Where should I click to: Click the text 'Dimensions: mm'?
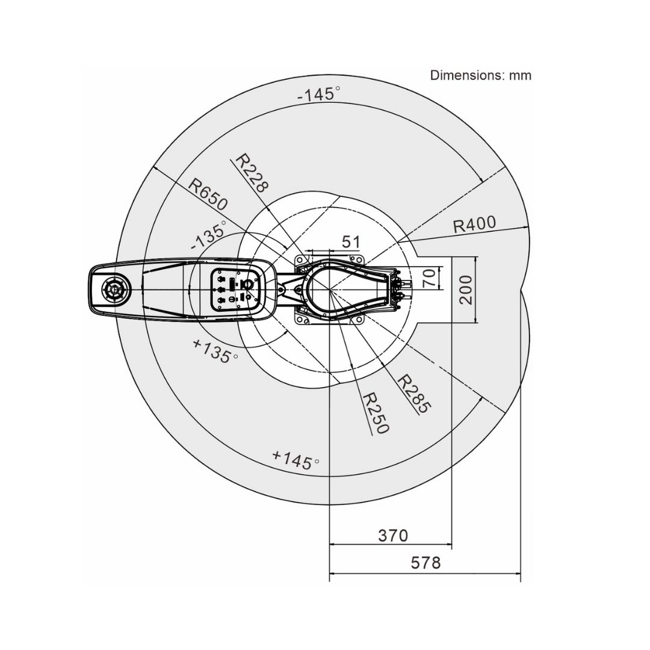[x=480, y=75]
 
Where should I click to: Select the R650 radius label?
[x=208, y=194]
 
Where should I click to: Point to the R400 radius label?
[x=474, y=224]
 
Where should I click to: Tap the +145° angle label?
[x=296, y=460]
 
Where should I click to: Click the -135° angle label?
[x=208, y=235]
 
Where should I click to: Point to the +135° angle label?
[x=215, y=351]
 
